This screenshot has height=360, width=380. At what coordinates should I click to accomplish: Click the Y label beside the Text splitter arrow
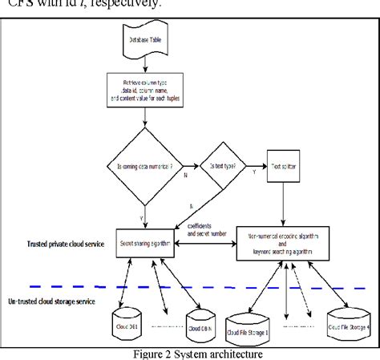point(255,172)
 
